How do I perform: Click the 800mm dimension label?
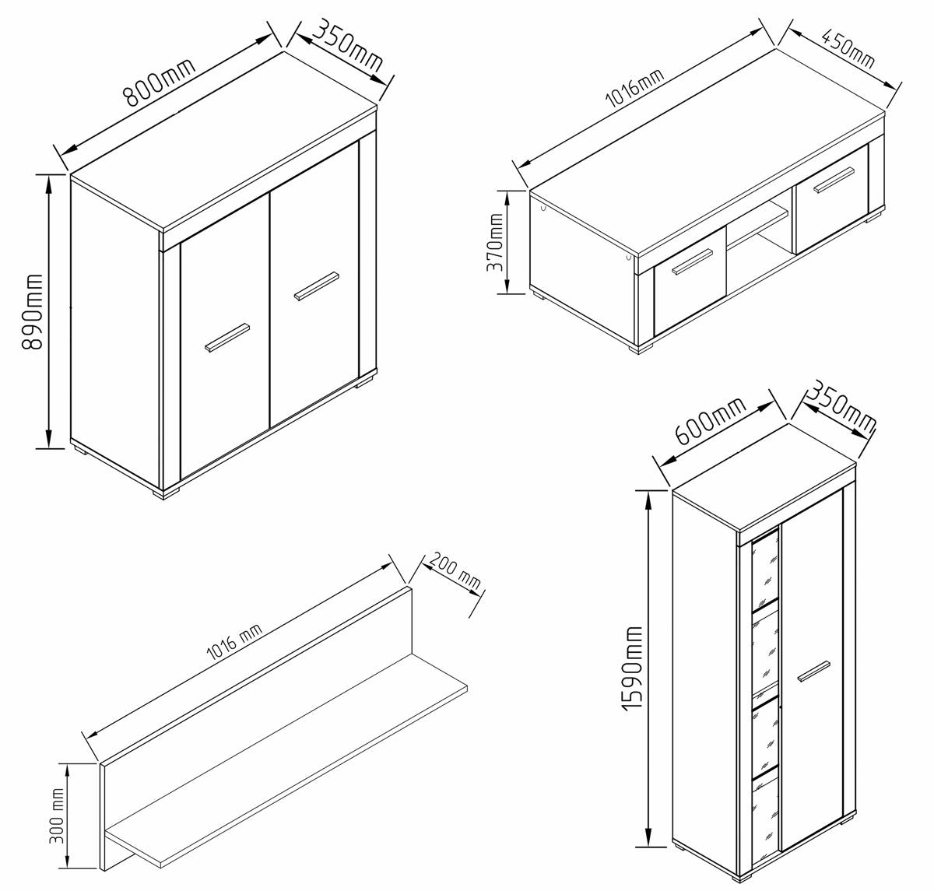[159, 82]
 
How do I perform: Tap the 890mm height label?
[33, 311]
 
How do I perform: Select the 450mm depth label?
[847, 48]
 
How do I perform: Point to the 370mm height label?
[494, 242]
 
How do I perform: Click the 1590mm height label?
[632, 668]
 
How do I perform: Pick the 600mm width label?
[710, 420]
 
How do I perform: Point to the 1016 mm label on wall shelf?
[234, 643]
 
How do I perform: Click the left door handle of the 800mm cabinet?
[227, 338]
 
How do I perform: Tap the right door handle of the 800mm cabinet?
[317, 286]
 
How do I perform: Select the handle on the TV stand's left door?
[692, 261]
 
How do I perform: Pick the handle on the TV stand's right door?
[834, 180]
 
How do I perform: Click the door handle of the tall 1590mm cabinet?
[814, 671]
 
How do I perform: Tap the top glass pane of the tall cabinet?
[765, 571]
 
